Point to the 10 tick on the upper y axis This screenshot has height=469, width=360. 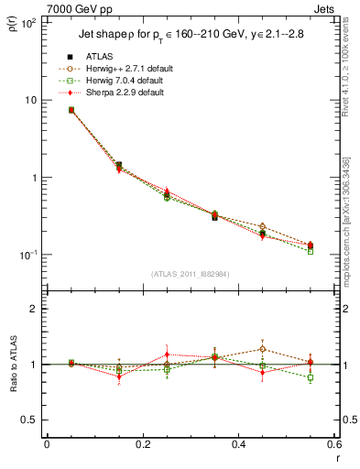(x=31, y=100)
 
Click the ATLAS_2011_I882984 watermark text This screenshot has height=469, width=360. (x=191, y=273)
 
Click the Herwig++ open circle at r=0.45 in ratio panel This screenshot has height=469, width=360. (x=263, y=349)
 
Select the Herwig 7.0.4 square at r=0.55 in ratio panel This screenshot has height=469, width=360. (x=311, y=377)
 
